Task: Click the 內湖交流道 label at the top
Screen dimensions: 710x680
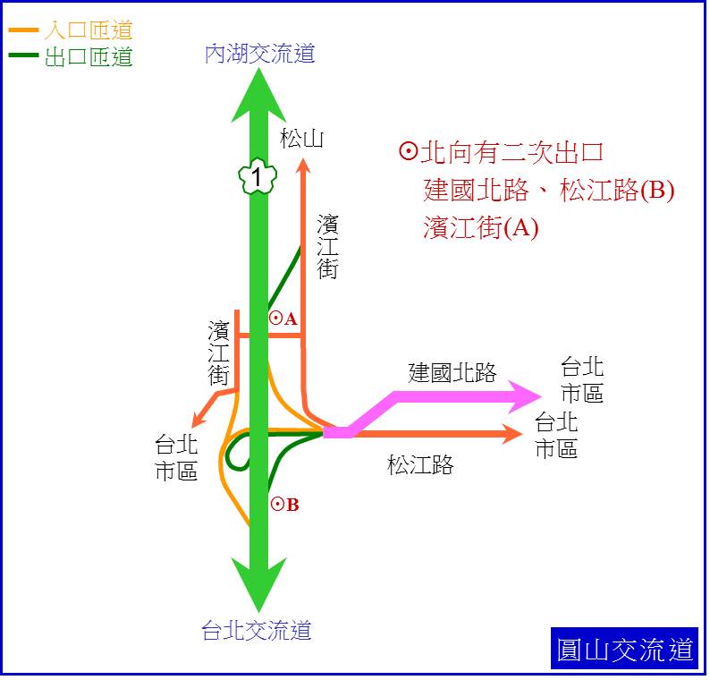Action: tap(259, 53)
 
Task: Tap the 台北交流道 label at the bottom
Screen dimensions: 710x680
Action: tap(257, 630)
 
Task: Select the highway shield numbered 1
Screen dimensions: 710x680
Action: tap(258, 176)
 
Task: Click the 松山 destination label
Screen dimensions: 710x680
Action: tap(301, 138)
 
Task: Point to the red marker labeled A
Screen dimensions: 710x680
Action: tap(283, 319)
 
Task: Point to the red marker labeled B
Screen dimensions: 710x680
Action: tap(285, 505)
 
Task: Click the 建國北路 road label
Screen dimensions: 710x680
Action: tap(452, 372)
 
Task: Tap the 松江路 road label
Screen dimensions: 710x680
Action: tap(420, 464)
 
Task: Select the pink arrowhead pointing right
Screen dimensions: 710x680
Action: tap(524, 397)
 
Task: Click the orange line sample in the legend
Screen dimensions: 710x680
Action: tap(23, 30)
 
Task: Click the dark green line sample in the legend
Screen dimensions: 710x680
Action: tap(23, 55)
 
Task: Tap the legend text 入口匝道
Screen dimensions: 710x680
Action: tap(89, 30)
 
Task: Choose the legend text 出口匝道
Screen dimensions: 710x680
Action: tap(89, 57)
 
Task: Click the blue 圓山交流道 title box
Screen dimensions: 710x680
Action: tap(624, 649)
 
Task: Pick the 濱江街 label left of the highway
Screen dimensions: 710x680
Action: tap(218, 353)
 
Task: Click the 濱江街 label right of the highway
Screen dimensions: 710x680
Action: tap(327, 247)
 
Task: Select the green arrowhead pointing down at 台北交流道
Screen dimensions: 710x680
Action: tap(258, 585)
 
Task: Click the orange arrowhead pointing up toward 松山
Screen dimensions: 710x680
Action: tap(303, 166)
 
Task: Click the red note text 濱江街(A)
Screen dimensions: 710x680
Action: tap(481, 227)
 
